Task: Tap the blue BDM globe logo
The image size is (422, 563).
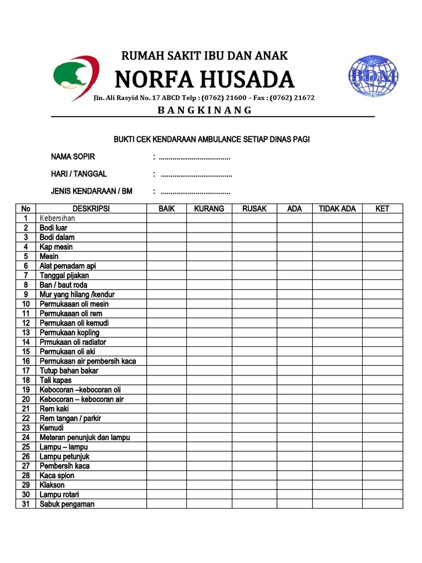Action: tap(373, 76)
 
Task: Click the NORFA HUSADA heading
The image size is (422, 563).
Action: tap(204, 80)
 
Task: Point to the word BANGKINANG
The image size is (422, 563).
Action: tap(204, 110)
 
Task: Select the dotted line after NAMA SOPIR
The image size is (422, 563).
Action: tap(195, 158)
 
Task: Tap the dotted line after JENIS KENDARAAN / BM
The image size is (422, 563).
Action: tap(195, 192)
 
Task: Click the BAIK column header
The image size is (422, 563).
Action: tap(166, 208)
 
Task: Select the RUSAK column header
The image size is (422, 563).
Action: tap(254, 208)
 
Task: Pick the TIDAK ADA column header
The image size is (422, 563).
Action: tap(337, 208)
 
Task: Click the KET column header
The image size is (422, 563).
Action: tap(382, 208)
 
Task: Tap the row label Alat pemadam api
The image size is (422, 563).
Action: tap(68, 266)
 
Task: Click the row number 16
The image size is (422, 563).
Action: tap(26, 361)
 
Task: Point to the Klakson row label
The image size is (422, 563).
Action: tap(52, 485)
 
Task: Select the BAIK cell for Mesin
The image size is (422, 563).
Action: tap(166, 256)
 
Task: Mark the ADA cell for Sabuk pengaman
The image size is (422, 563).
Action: tap(295, 504)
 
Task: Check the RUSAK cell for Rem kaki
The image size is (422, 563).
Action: tap(254, 409)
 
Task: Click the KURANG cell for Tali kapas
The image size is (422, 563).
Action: tap(209, 380)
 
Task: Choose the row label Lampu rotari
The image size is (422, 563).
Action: tap(59, 494)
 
